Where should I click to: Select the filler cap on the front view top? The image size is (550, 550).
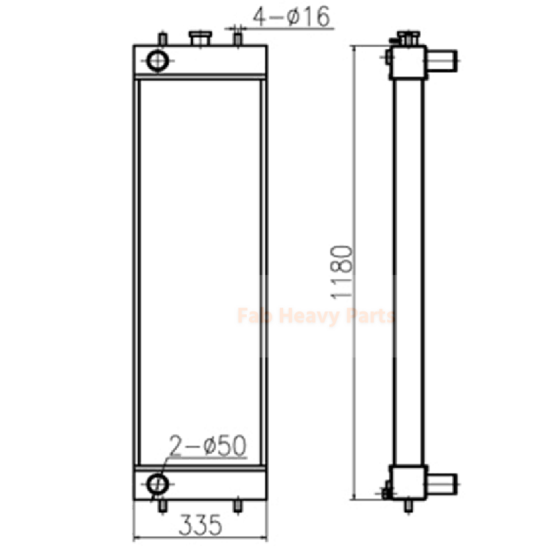[200, 39]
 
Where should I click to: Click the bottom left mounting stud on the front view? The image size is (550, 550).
[163, 507]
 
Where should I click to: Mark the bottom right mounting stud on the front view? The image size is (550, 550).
[237, 507]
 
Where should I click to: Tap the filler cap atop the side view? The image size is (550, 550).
[406, 38]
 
